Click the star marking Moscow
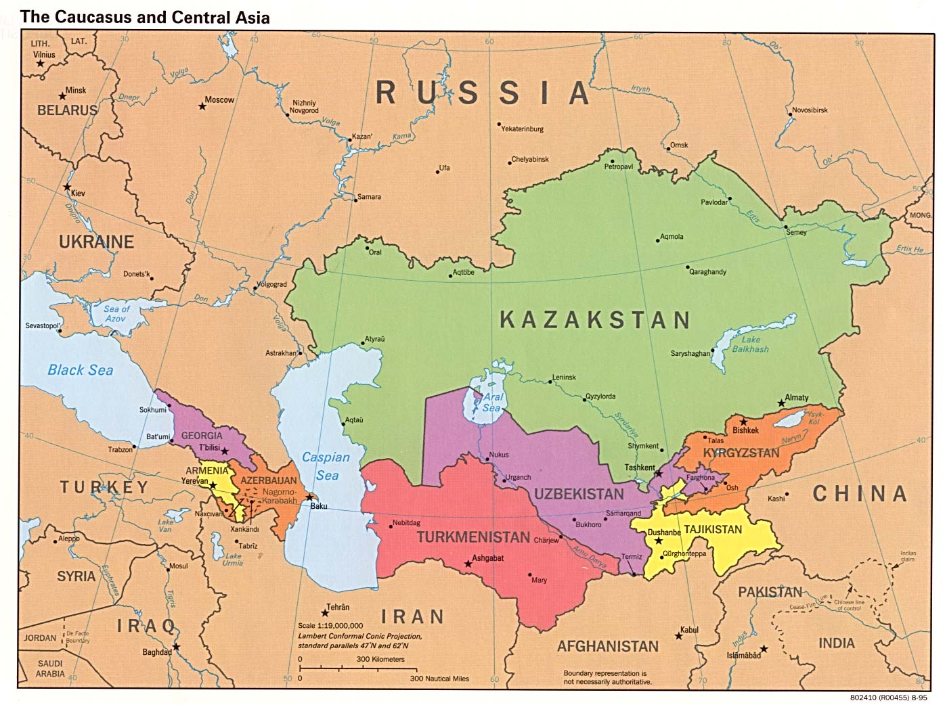point(201,106)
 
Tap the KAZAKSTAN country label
point(595,319)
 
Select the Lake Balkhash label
point(750,344)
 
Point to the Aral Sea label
point(492,403)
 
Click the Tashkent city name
point(639,468)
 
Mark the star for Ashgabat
point(467,563)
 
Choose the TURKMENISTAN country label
point(472,537)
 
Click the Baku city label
point(318,506)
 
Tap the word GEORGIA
point(202,436)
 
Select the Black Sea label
point(80,370)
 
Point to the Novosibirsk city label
point(810,110)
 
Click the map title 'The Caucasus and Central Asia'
point(145,18)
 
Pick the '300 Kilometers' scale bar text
point(380,659)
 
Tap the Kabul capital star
point(678,635)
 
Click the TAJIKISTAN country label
point(713,529)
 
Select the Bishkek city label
point(745,430)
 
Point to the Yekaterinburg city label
point(522,129)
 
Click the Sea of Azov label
point(116,313)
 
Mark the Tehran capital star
point(325,613)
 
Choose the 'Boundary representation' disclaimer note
point(607,677)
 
